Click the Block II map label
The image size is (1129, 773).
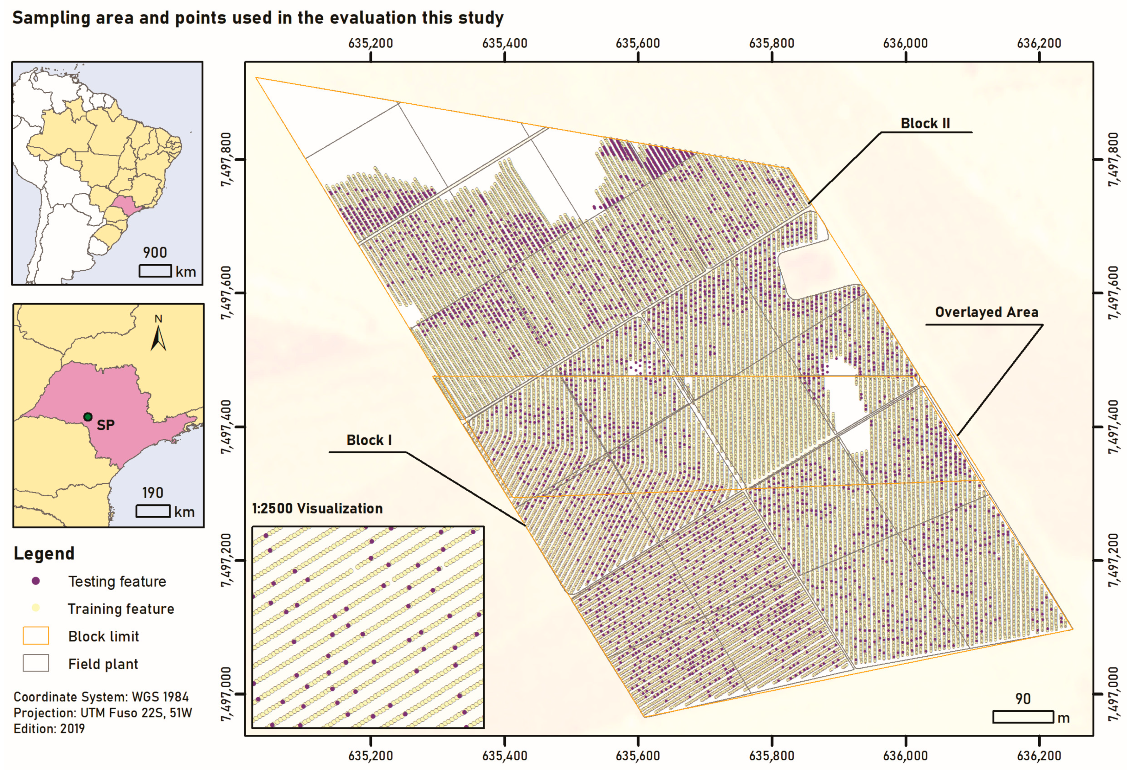925,123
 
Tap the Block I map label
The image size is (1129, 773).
369,440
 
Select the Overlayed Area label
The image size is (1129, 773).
987,312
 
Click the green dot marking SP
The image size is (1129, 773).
88,417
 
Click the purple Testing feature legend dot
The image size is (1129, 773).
36,581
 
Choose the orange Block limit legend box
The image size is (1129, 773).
36,635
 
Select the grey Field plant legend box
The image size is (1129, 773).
36,663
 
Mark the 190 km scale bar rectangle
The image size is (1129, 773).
153,511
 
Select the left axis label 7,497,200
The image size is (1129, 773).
226,560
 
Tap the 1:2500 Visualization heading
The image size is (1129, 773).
317,508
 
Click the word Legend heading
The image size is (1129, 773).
44,553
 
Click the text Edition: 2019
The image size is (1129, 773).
49,728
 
